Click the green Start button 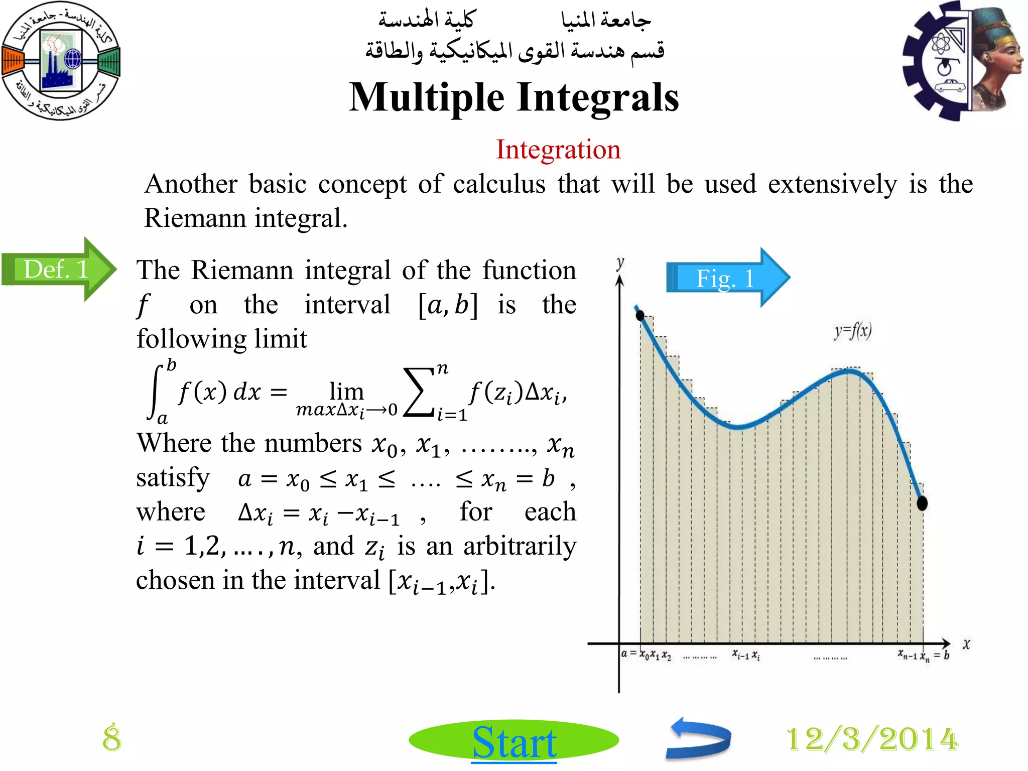pos(513,741)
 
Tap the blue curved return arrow pos(699,738)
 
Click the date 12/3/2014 pos(872,739)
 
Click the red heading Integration pos(558,150)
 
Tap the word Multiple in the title pos(427,97)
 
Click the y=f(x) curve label pos(853,331)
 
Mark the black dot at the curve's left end pos(640,315)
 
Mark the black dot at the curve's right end pos(922,503)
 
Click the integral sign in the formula pos(156,392)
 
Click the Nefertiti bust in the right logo pos(996,60)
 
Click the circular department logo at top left pos(61,61)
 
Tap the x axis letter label pos(966,644)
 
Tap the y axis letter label pos(620,263)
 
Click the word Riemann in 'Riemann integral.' pos(195,218)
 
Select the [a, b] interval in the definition pos(448,305)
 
